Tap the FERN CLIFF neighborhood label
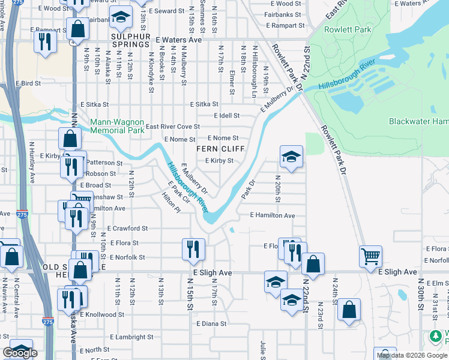pyautogui.click(x=220, y=149)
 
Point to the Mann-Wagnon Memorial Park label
pyautogui.click(x=117, y=126)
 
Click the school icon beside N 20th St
pyautogui.click(x=291, y=157)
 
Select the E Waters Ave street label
pyautogui.click(x=178, y=40)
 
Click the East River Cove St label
pyautogui.click(x=173, y=127)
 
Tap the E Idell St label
pyautogui.click(x=227, y=116)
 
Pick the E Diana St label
pyautogui.click(x=211, y=323)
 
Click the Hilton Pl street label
pyautogui.click(x=171, y=203)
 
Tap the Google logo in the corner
pyautogui.click(x=20, y=353)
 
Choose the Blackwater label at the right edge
pyautogui.click(x=418, y=121)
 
